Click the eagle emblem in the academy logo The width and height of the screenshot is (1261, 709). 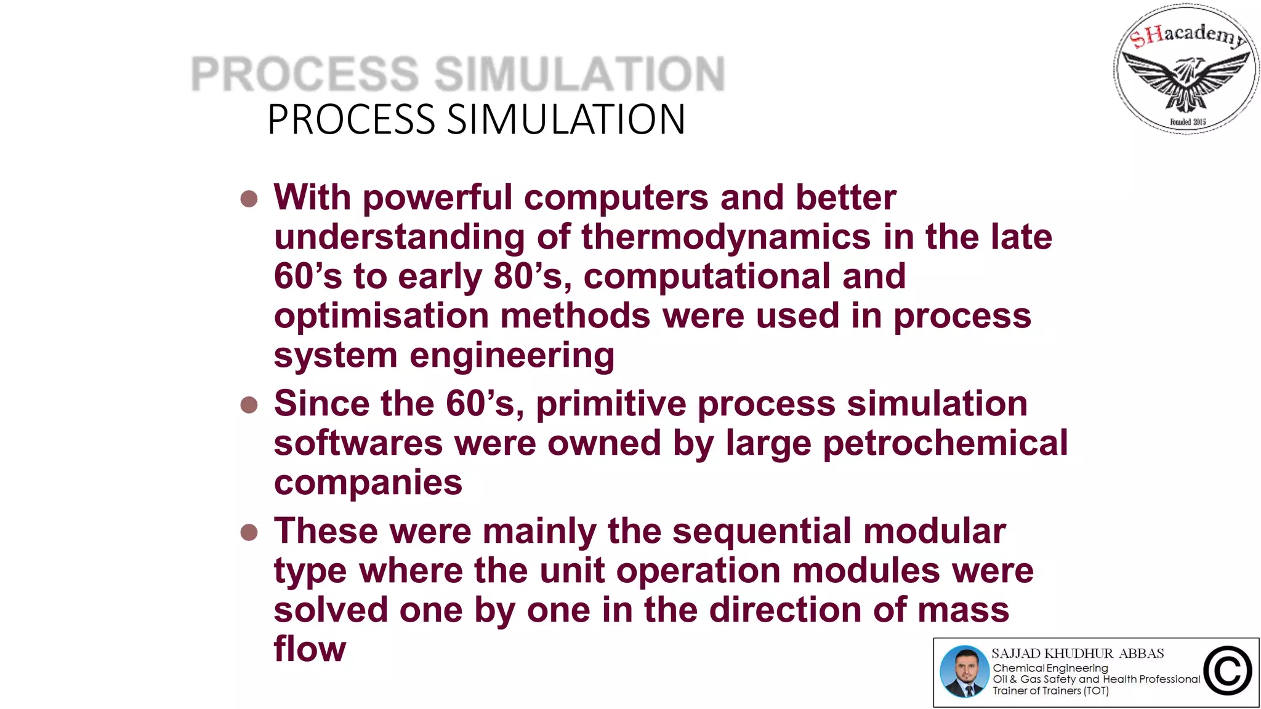coord(1186,80)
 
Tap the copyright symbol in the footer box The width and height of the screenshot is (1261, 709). coord(1228,671)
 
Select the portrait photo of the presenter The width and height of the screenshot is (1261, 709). coord(964,671)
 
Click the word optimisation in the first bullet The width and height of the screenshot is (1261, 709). coord(381,316)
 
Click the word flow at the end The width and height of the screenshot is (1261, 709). coord(310,649)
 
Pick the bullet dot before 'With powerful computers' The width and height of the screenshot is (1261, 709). coord(249,199)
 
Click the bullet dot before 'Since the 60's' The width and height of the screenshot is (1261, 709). coord(249,405)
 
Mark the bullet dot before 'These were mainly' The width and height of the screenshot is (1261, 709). coord(249,532)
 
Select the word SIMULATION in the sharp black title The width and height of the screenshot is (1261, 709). coord(566,119)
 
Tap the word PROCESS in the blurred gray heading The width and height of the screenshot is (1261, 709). coord(305,74)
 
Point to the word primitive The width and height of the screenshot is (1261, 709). coord(611,404)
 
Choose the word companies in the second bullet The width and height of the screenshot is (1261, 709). coord(368,483)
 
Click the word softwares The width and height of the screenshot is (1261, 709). coord(358,443)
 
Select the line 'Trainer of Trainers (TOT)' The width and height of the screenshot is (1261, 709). coord(1050,691)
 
